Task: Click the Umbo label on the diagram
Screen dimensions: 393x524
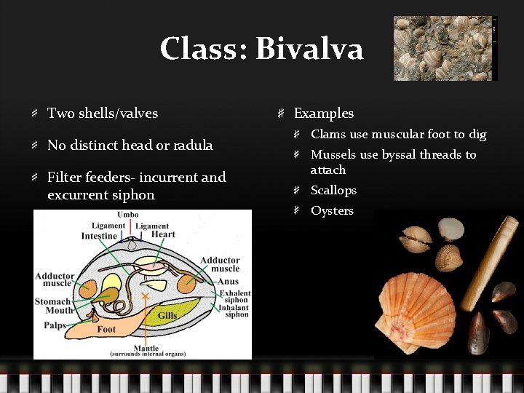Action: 128,215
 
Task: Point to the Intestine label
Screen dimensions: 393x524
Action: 99,236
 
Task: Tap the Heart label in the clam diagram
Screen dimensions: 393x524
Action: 163,234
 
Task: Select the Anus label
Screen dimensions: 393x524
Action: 228,282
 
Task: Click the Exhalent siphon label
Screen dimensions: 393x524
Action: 234,296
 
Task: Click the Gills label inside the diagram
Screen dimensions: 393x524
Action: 167,316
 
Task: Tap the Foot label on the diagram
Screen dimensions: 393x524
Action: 106,330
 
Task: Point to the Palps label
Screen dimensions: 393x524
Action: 55,325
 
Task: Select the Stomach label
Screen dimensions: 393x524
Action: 52,301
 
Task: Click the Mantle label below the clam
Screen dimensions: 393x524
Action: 147,348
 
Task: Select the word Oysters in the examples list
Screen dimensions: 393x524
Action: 332,211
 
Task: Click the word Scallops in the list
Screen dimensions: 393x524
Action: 333,191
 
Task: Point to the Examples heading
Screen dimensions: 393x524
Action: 323,114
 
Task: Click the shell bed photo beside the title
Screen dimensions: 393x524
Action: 444,48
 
